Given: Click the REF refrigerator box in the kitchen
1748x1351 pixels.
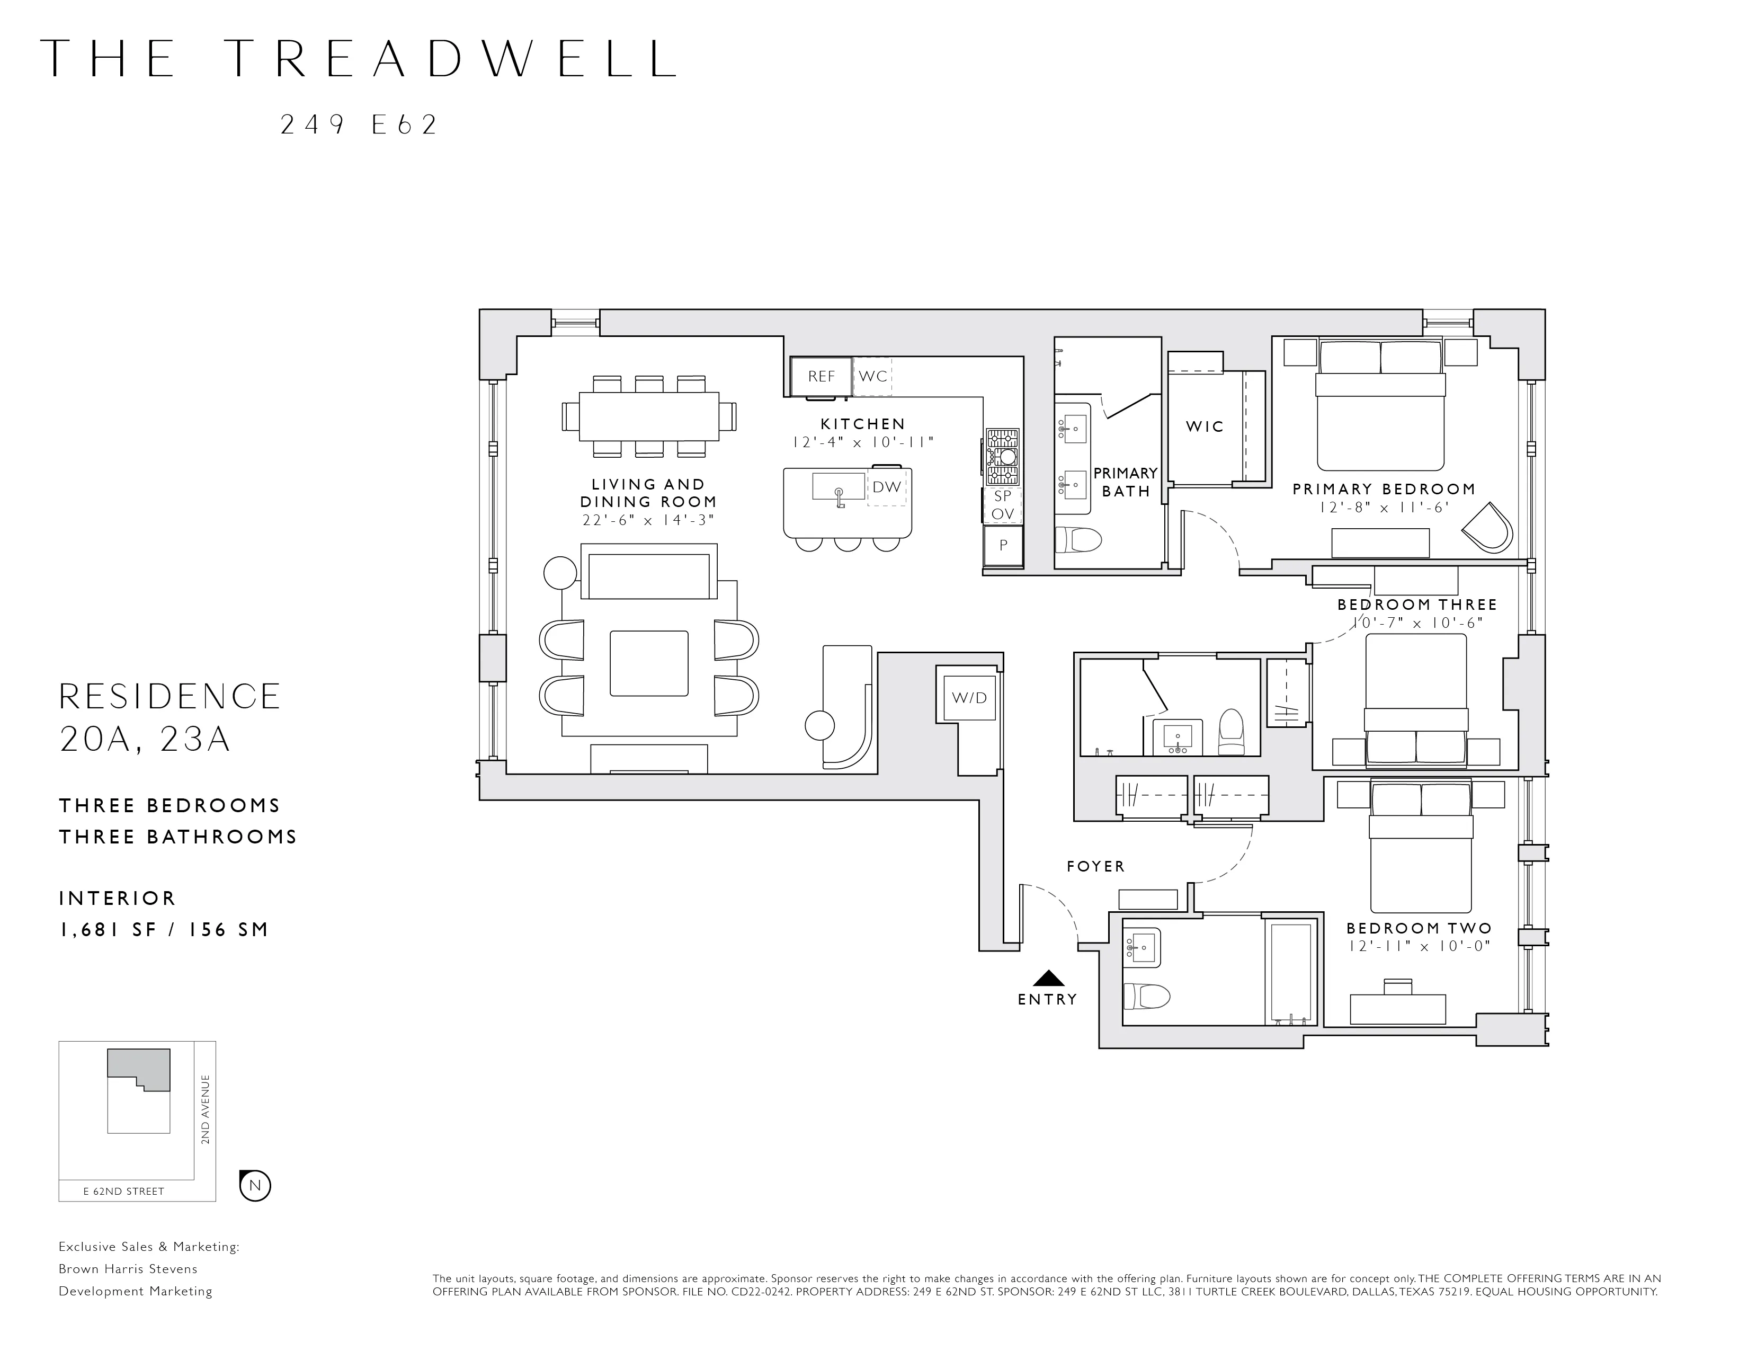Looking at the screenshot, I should pos(821,376).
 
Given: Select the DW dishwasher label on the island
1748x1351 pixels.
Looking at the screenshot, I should pos(887,486).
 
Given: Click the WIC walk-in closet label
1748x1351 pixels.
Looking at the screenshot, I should pos(1205,426).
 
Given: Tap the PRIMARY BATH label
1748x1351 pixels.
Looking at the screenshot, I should pos(1125,482).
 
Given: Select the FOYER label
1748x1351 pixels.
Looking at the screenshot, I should pos(1096,866).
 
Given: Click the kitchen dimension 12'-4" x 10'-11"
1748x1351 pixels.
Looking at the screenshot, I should pos(863,442).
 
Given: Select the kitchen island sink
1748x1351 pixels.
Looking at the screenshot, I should pos(838,486).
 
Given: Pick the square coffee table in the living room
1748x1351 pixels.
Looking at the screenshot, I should pos(648,663).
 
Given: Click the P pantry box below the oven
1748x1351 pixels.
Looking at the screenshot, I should pos(1003,545).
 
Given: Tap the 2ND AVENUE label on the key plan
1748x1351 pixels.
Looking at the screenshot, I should pos(205,1109).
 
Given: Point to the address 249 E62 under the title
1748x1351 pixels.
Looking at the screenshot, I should pos(359,125).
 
